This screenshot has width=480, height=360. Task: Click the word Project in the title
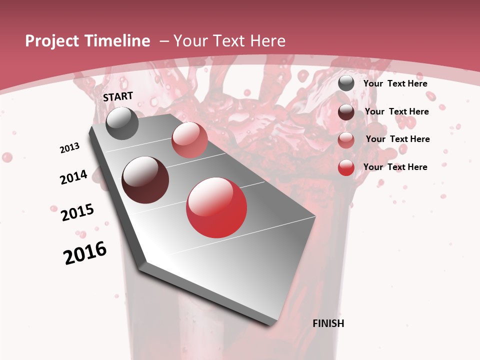[50, 41]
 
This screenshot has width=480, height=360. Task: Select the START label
[118, 96]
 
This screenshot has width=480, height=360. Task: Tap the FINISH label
[328, 323]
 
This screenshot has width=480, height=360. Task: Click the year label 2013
[70, 148]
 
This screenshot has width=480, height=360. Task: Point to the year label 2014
[73, 177]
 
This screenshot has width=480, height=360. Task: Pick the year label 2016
[85, 253]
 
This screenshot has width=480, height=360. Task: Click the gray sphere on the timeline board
[122, 123]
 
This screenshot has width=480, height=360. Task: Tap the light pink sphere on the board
[189, 140]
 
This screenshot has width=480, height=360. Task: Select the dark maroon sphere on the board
[145, 180]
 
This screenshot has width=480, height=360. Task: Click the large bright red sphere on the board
[216, 207]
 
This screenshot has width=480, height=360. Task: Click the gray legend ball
[346, 83]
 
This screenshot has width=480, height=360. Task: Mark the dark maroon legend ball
[346, 112]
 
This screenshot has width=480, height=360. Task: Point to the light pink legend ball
[346, 140]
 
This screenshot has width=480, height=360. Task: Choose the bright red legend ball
[346, 167]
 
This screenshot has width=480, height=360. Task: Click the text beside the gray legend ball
[395, 83]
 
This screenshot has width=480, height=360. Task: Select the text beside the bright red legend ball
[395, 167]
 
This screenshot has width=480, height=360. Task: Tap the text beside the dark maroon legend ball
[397, 111]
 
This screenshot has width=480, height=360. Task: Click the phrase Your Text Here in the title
[229, 41]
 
